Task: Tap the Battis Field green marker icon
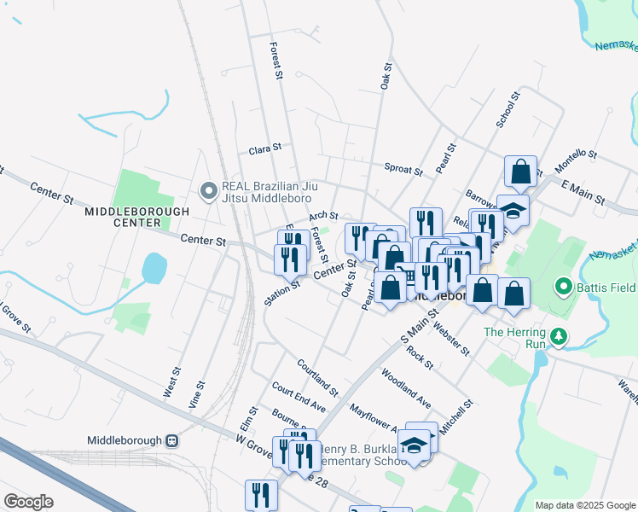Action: click(x=563, y=286)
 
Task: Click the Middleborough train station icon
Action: click(x=171, y=441)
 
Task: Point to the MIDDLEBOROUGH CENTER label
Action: click(x=125, y=217)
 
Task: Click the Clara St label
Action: click(x=264, y=149)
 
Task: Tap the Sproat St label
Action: click(x=403, y=169)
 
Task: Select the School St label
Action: click(x=507, y=111)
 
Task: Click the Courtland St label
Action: click(x=317, y=377)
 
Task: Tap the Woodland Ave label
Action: click(x=406, y=387)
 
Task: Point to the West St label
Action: click(x=172, y=382)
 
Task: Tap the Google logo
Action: click(x=28, y=502)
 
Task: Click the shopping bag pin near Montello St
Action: click(x=520, y=171)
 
